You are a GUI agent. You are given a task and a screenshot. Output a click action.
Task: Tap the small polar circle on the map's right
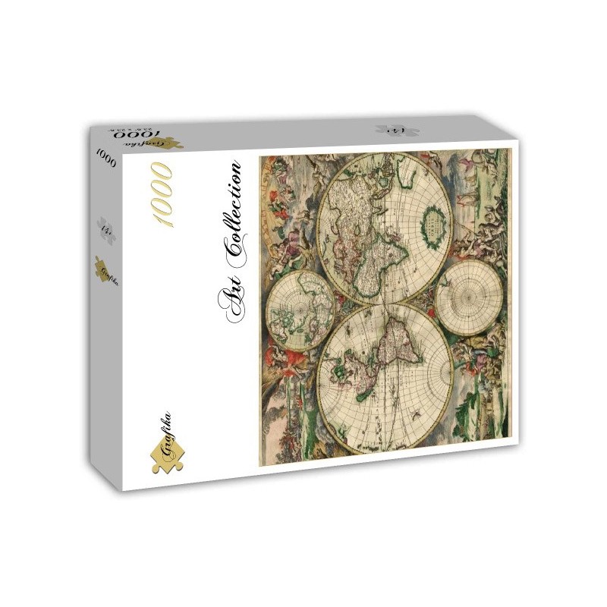coord(470,298)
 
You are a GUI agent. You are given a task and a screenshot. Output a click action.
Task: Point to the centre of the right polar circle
coord(470,298)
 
